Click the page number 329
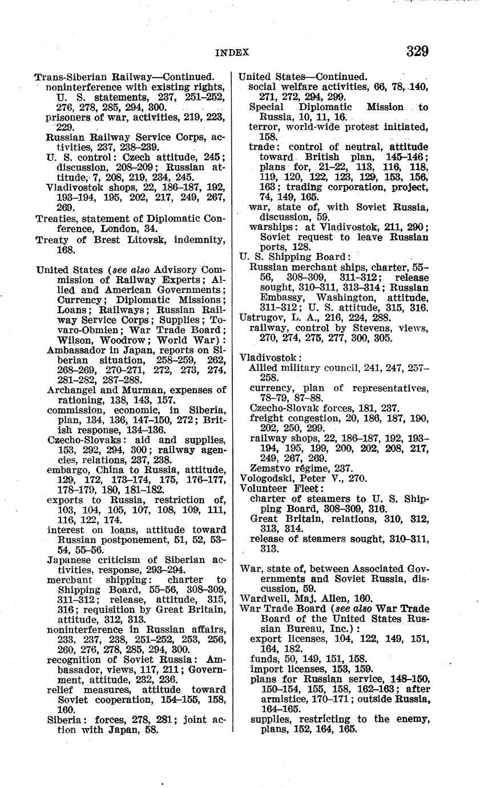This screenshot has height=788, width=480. tap(417, 51)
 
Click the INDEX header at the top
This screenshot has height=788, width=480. tap(233, 53)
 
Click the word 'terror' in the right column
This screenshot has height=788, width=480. tap(263, 126)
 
